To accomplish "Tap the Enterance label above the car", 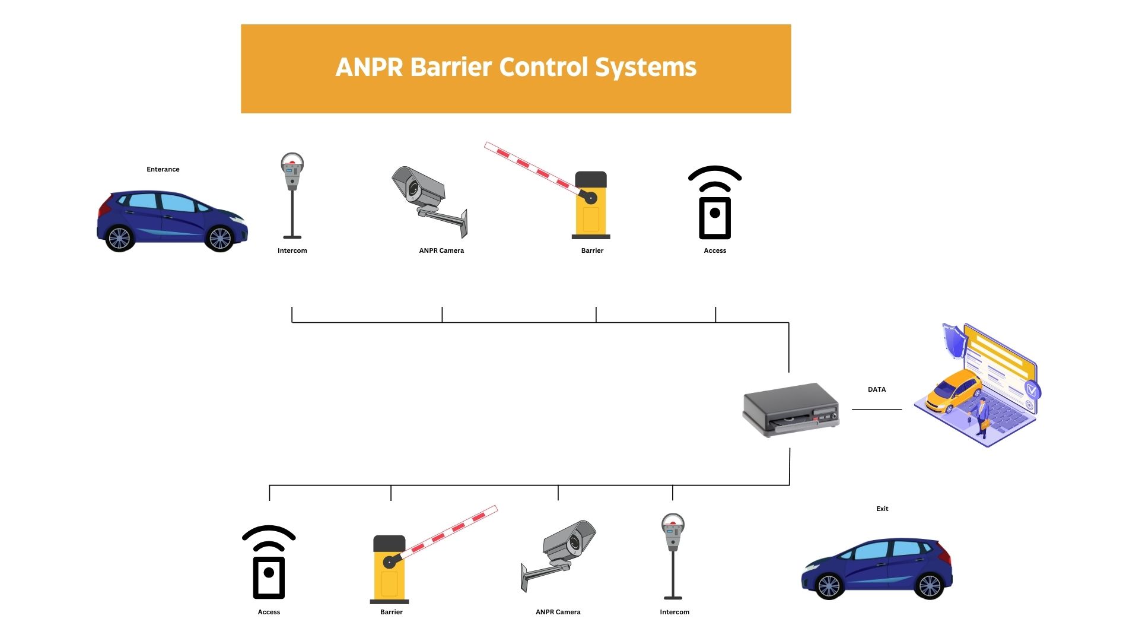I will [x=163, y=169].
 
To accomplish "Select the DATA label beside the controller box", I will [x=876, y=389].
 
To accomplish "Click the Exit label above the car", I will [x=882, y=509].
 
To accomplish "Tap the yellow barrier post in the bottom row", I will [x=389, y=572].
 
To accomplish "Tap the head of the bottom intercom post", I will [x=673, y=528].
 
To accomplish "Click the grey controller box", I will [x=790, y=410].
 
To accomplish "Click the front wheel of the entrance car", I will [x=220, y=238].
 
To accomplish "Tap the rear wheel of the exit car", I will [x=929, y=586].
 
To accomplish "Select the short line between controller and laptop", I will [x=876, y=410].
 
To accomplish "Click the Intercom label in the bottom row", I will [x=675, y=612].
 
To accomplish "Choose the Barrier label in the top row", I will [x=592, y=250].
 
